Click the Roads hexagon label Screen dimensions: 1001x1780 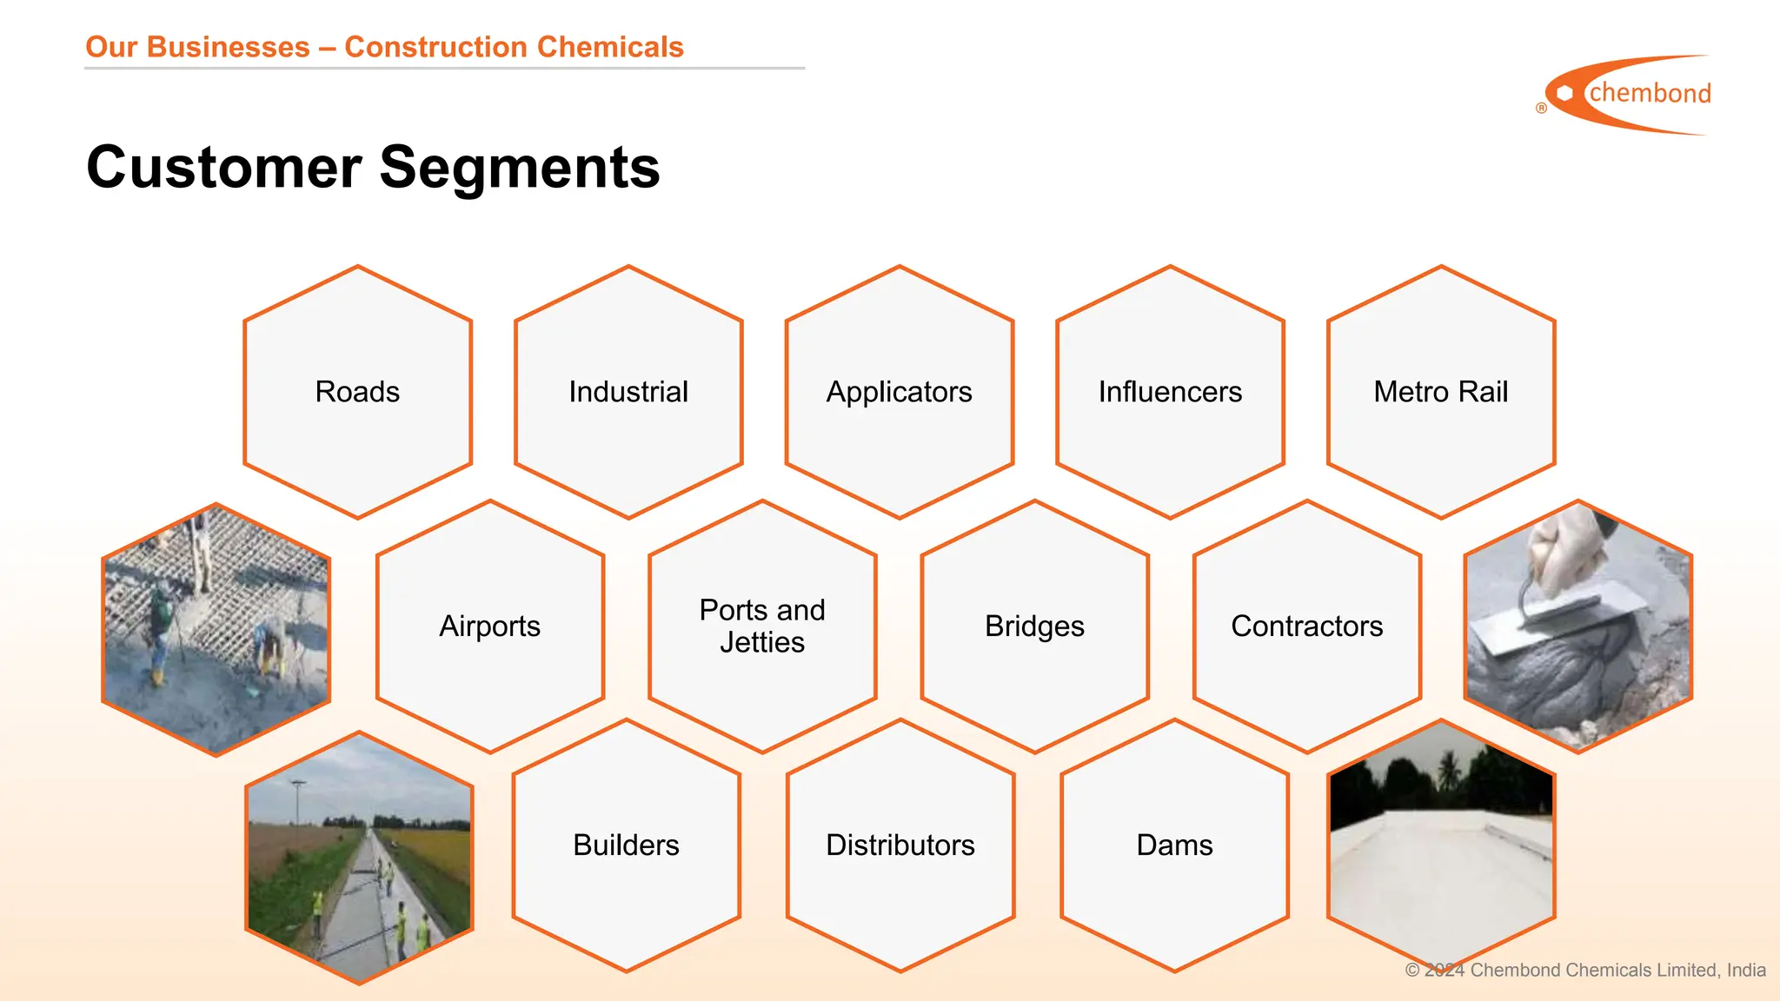tap(357, 392)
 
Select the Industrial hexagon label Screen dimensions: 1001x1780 tap(628, 392)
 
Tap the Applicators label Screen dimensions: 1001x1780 tap(899, 392)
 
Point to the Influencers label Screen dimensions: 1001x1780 tap(1170, 392)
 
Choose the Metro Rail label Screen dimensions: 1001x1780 tap(1440, 392)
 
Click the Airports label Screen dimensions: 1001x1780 tap(489, 626)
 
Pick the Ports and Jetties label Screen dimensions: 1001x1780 tap(762, 626)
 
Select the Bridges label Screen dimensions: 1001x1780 tap(1034, 626)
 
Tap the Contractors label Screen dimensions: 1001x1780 tap(1306, 626)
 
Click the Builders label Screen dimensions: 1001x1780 tap(626, 845)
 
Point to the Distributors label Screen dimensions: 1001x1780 tap(900, 845)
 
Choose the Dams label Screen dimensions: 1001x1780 tap(1174, 845)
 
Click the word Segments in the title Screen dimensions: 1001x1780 tap(520, 167)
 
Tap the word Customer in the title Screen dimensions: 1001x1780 tap(224, 167)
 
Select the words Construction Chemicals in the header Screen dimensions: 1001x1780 tap(514, 47)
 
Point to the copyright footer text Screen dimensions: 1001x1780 tap(1585, 970)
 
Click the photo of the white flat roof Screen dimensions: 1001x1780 tap(1440, 856)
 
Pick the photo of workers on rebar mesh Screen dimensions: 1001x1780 tap(216, 627)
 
